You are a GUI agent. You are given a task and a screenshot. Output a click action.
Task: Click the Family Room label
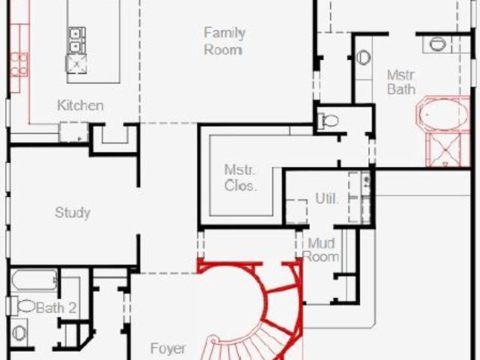(x=225, y=41)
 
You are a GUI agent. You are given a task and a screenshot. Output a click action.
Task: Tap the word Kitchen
(x=80, y=106)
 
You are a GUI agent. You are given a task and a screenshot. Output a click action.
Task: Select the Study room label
(x=73, y=213)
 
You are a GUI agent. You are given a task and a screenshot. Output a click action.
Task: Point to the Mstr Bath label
(x=401, y=82)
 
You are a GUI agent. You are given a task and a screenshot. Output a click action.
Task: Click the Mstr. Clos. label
(x=240, y=178)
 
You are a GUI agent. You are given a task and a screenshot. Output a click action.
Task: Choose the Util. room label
(x=327, y=199)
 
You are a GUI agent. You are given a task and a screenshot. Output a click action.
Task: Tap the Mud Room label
(x=321, y=250)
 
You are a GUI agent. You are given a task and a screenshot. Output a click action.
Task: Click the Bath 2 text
(x=56, y=308)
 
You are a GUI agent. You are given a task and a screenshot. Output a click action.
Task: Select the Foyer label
(x=168, y=348)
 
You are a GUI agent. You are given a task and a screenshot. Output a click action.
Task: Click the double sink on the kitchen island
(x=76, y=40)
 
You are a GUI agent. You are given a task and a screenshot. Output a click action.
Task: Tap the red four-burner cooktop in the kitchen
(x=19, y=64)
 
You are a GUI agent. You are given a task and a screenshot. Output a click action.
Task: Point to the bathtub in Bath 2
(x=34, y=280)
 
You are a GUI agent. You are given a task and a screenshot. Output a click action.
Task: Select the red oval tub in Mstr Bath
(x=443, y=115)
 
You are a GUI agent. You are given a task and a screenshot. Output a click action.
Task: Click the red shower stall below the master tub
(x=448, y=150)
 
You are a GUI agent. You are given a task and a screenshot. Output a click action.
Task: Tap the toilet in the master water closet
(x=328, y=121)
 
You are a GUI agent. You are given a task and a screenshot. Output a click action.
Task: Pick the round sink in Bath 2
(x=20, y=333)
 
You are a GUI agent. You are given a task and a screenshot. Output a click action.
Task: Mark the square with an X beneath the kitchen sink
(x=76, y=64)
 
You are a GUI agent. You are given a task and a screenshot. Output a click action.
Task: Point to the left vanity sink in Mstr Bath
(x=363, y=57)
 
